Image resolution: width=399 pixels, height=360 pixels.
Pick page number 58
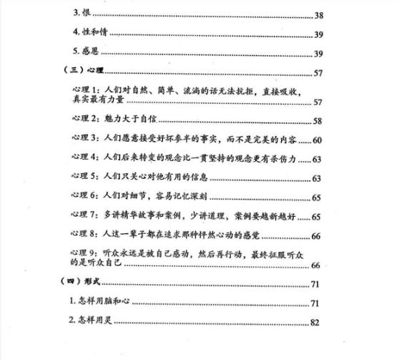(317, 121)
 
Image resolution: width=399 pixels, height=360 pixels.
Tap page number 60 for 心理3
(317, 140)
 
